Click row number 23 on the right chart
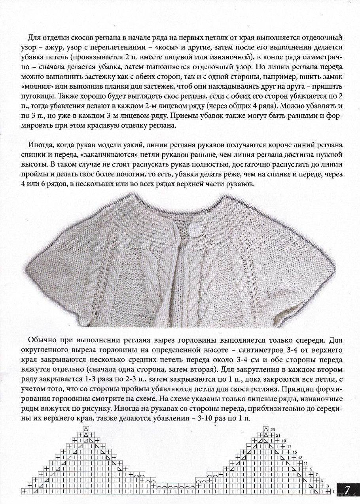pos(272,430)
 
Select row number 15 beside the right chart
pos(294,452)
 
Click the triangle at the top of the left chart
pos(85,429)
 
